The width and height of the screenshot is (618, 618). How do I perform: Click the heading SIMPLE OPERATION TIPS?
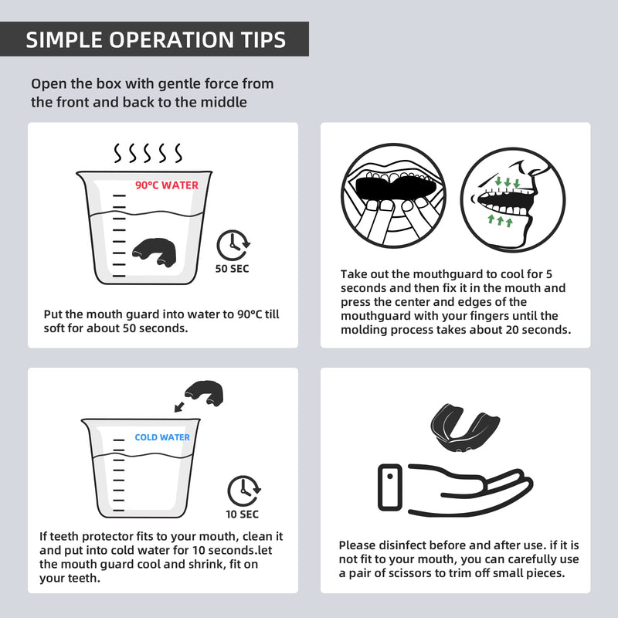click(x=156, y=40)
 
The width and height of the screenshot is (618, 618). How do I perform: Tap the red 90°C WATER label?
click(x=167, y=185)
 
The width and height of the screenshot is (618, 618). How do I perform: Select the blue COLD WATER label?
click(x=162, y=437)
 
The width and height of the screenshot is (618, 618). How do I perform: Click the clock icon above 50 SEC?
click(x=233, y=245)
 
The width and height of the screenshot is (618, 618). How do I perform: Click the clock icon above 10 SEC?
click(x=243, y=491)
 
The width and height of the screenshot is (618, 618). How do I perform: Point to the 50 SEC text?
click(x=232, y=269)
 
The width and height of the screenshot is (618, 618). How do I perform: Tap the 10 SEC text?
click(x=242, y=514)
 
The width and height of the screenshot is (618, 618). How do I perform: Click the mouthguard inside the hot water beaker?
click(x=154, y=253)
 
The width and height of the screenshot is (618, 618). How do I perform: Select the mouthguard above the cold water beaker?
click(x=204, y=392)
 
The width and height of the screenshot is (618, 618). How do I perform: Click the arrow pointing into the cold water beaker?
click(x=179, y=407)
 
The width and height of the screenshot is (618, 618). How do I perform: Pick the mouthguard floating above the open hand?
click(x=465, y=428)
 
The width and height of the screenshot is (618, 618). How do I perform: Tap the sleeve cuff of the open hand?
click(x=390, y=487)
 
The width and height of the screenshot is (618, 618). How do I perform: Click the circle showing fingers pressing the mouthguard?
click(x=393, y=195)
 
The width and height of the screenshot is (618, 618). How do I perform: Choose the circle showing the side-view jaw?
click(x=513, y=199)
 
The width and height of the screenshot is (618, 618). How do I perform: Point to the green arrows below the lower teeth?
click(x=500, y=220)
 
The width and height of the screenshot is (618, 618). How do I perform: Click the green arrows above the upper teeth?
click(x=508, y=182)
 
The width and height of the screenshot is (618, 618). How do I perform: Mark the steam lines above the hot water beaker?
click(x=148, y=153)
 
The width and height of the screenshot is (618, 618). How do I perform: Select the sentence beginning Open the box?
click(x=152, y=93)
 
